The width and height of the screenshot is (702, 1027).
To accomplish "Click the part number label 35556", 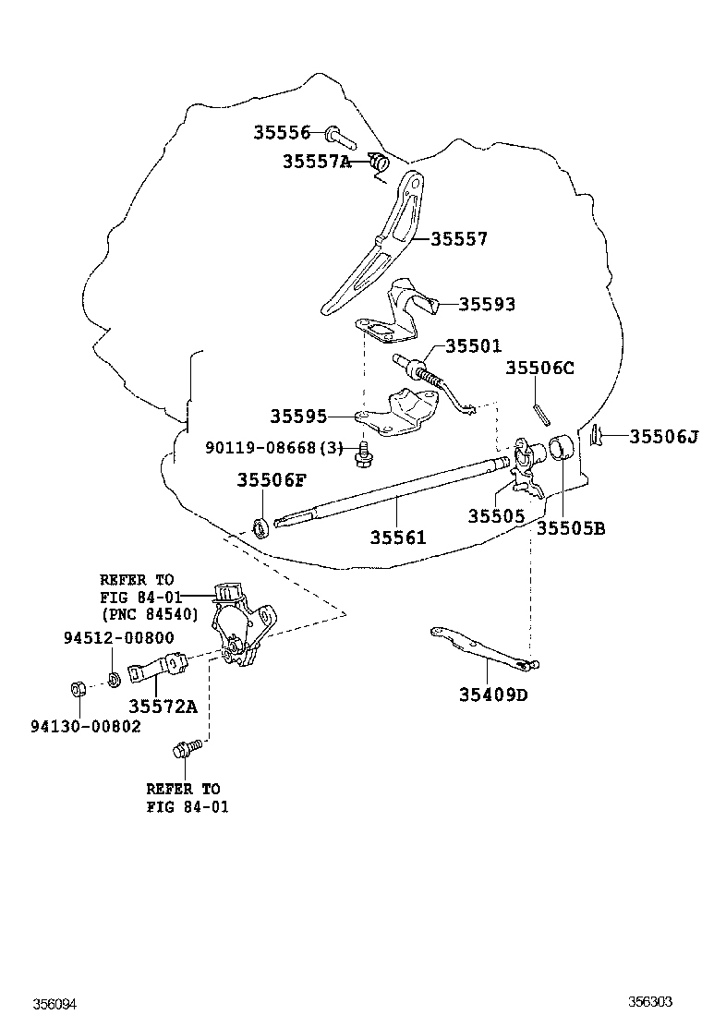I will tap(282, 133).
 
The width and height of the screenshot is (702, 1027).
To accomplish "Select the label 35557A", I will tap(316, 162).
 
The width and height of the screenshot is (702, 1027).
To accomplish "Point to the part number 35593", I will tap(487, 305).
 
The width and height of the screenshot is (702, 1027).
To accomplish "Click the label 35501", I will tap(473, 346).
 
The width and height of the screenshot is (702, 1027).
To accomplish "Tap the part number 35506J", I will tap(663, 436).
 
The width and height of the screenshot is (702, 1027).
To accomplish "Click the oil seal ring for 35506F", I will tap(261, 527).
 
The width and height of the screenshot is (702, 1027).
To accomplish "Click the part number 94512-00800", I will tap(118, 638).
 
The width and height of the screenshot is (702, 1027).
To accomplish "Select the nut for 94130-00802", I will tap(79, 688).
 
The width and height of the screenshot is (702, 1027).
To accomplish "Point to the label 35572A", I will tap(163, 707).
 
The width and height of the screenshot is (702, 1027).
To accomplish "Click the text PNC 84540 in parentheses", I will tap(150, 613).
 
